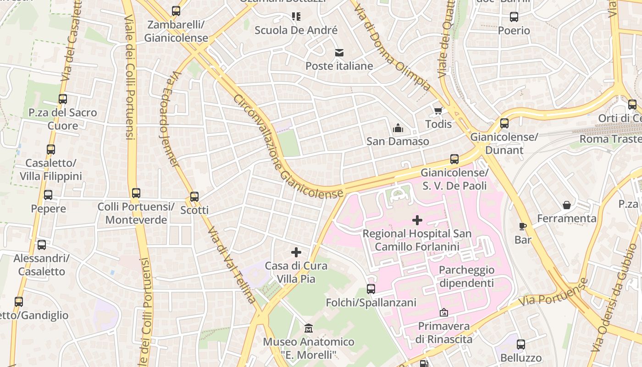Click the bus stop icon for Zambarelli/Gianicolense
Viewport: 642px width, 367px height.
[176, 11]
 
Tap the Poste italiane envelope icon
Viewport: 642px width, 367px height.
[339, 53]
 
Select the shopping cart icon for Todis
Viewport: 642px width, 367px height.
[438, 111]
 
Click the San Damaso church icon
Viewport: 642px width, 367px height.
[398, 128]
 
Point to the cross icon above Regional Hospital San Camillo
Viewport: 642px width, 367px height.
[417, 220]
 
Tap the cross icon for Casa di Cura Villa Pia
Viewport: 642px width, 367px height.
[296, 252]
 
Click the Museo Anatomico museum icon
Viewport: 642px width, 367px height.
[309, 328]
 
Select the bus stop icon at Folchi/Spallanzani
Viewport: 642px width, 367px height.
[371, 289]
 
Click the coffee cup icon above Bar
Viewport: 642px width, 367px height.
[522, 226]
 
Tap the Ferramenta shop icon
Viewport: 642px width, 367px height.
[567, 205]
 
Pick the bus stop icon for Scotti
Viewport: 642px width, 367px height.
[194, 197]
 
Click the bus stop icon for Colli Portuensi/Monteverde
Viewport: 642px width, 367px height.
[136, 193]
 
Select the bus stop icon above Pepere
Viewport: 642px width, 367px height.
[48, 195]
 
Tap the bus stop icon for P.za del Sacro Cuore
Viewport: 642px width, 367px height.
[63, 99]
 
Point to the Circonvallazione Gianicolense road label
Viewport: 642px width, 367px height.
[287, 147]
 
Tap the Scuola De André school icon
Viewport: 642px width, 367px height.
[296, 17]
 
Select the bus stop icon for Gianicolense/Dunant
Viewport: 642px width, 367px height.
[504, 123]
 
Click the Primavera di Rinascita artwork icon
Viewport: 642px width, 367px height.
[443, 313]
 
